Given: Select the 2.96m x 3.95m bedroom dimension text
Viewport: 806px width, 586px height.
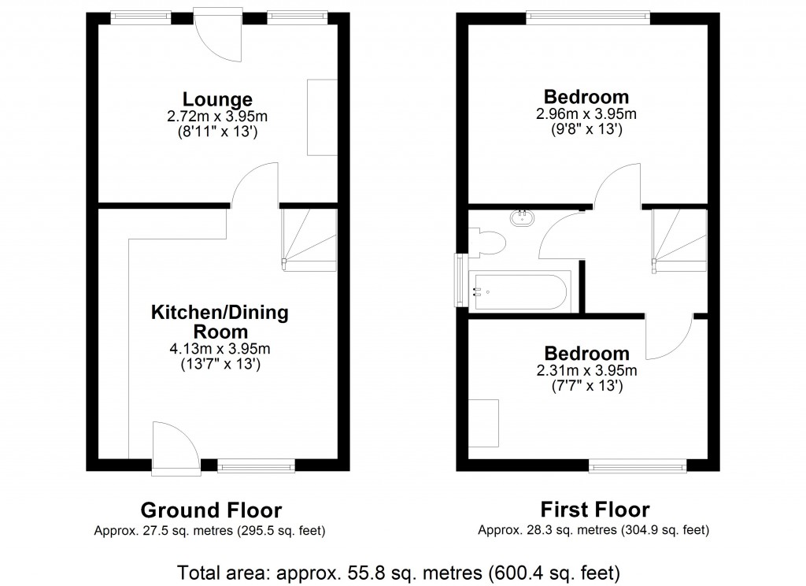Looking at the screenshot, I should (586, 114).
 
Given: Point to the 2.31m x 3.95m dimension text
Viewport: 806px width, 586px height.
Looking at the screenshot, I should (586, 370).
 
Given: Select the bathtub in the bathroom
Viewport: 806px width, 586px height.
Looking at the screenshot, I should (518, 291).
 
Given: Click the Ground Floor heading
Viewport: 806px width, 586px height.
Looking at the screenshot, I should (210, 510).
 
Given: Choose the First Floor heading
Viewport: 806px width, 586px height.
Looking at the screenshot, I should (594, 510).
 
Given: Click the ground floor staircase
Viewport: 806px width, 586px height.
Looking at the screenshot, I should (309, 238).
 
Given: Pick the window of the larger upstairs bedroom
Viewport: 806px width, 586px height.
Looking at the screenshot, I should (588, 18).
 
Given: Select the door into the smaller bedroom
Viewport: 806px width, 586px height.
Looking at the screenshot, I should (668, 335).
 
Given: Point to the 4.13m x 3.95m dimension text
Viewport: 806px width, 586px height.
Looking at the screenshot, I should (220, 349).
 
